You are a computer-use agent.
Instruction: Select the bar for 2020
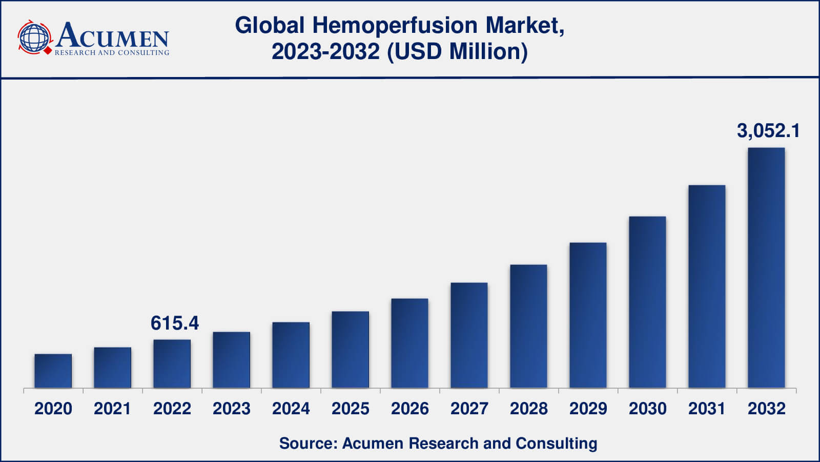click(53, 371)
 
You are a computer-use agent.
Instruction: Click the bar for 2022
click(172, 364)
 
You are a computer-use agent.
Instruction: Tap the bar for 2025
click(351, 350)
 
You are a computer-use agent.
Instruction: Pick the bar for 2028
click(528, 326)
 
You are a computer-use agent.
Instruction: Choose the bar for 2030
click(648, 302)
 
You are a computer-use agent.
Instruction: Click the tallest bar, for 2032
click(767, 267)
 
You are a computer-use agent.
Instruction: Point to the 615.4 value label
click(175, 323)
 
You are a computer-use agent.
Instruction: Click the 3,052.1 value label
click(768, 131)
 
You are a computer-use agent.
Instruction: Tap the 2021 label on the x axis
click(112, 409)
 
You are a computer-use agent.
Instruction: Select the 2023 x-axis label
click(231, 409)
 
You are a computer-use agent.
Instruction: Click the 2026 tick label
click(409, 409)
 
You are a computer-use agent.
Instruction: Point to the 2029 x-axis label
click(588, 409)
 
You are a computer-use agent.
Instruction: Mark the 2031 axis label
click(707, 409)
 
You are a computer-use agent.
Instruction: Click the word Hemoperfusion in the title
click(395, 26)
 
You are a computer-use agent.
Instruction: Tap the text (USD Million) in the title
click(457, 51)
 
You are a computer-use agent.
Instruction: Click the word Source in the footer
click(308, 444)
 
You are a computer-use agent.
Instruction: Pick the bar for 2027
click(469, 335)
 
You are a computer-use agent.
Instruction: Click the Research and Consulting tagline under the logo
click(112, 53)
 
